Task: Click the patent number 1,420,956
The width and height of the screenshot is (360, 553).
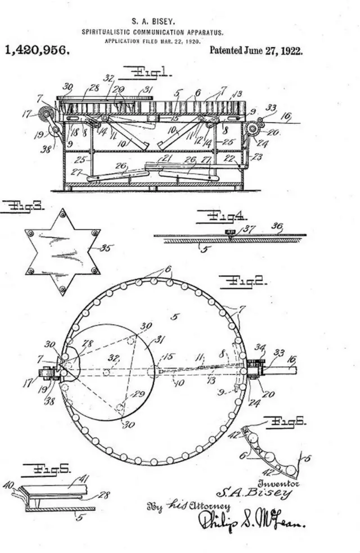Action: point(37,50)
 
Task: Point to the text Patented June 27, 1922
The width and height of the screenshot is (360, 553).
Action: point(256,50)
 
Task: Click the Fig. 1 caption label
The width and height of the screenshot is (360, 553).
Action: point(151,72)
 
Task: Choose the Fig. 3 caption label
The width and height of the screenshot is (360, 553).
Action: point(22,206)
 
